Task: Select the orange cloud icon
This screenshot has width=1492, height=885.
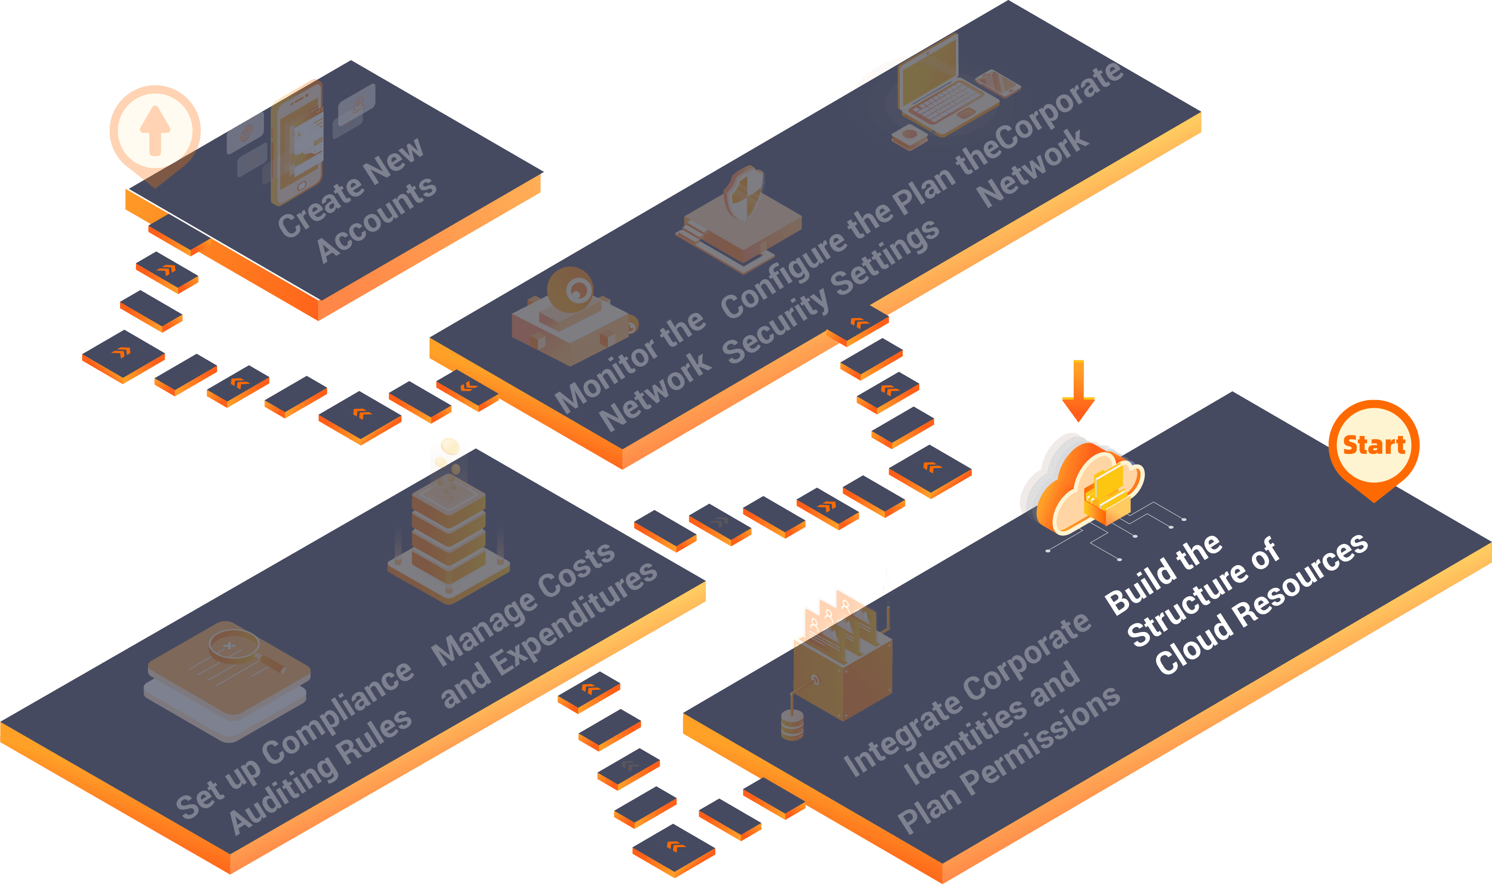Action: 1083,486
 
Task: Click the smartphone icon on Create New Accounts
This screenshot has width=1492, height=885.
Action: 297,143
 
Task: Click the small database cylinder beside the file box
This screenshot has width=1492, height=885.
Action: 792,724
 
